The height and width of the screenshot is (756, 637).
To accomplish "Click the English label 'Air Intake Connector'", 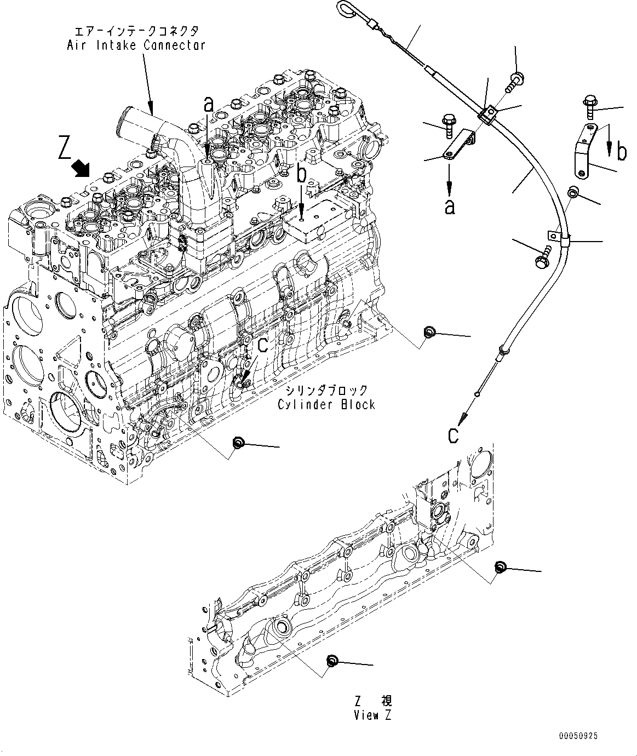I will (x=136, y=45).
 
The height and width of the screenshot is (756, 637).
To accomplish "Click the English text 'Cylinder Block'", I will (x=326, y=404).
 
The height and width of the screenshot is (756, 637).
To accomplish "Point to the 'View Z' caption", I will (x=373, y=715).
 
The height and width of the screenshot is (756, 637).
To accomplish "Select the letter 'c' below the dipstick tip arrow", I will (x=454, y=435).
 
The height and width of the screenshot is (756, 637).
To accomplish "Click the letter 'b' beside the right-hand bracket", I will (x=621, y=152).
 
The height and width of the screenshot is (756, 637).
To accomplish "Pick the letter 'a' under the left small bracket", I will (x=450, y=207).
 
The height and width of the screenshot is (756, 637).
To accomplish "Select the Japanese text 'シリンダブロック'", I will (x=326, y=390).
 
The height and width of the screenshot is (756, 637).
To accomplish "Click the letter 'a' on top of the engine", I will (x=209, y=104).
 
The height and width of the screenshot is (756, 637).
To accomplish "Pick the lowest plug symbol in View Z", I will (x=331, y=661).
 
